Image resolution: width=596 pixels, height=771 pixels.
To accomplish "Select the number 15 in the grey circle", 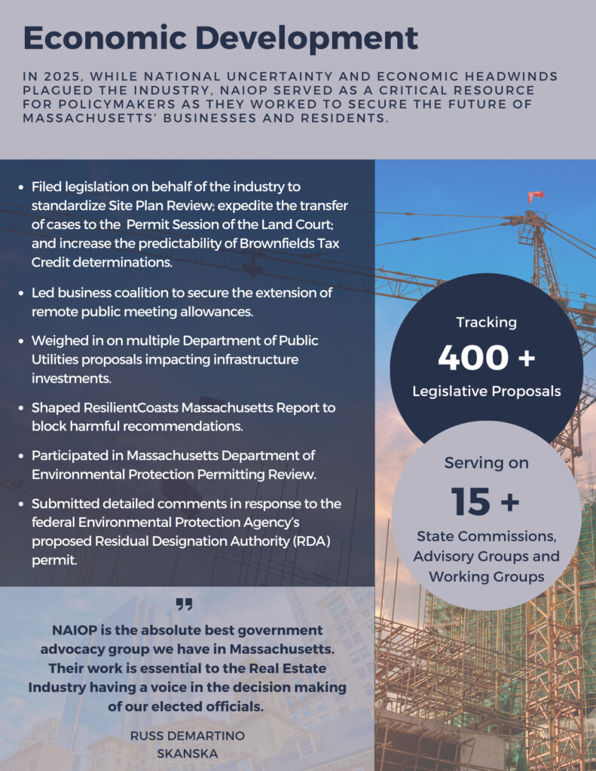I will (x=471, y=501).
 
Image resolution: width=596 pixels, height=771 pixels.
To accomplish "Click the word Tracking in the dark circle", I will (x=486, y=322).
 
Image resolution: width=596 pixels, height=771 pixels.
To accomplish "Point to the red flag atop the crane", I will (x=536, y=197).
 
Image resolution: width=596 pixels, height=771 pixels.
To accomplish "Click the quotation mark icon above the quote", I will (x=185, y=604).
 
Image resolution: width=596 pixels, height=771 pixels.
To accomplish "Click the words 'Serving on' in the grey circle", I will (x=486, y=463).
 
